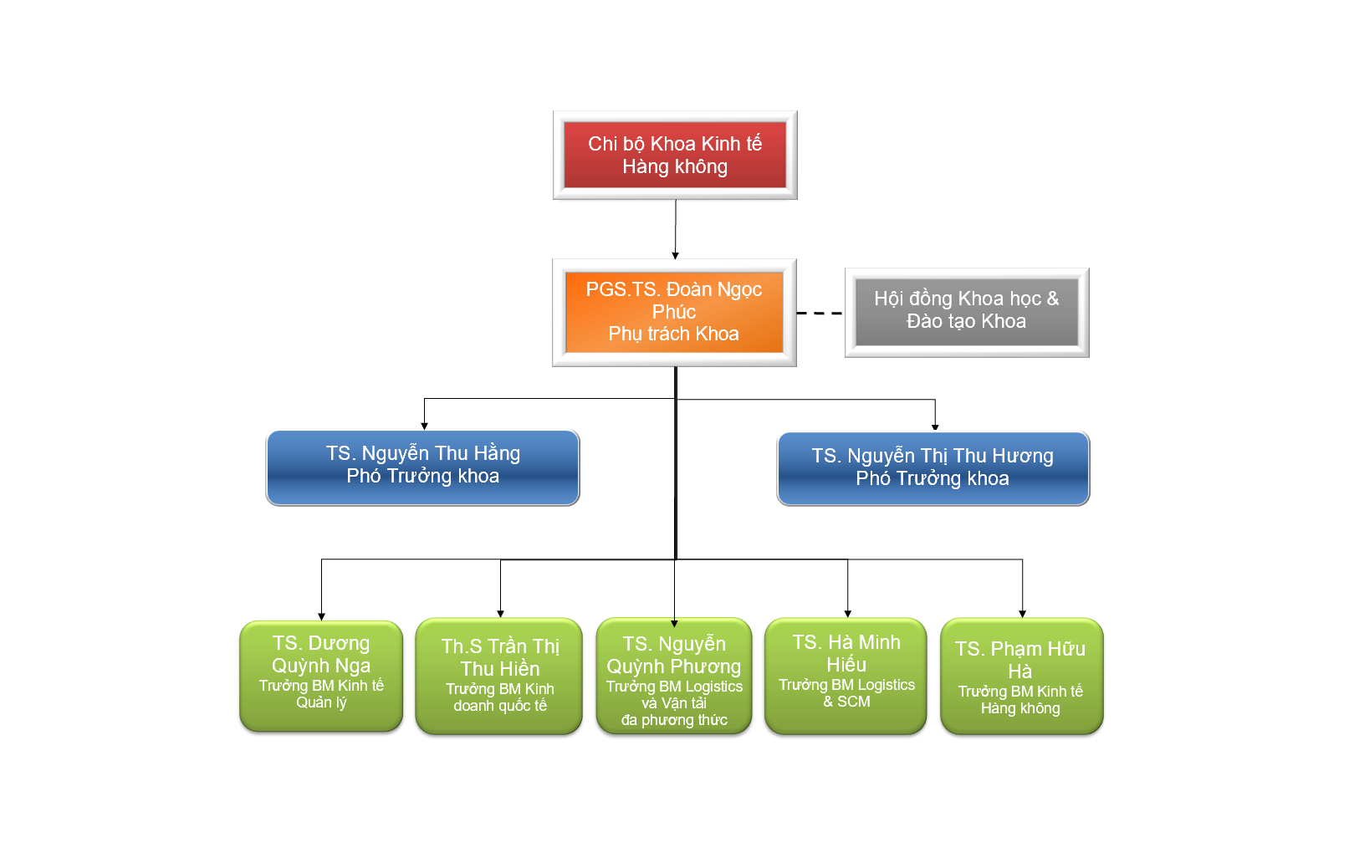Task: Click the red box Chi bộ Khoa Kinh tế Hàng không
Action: pos(675,155)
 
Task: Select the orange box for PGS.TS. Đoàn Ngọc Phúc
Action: pos(674,313)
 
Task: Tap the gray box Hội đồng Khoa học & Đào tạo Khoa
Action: pos(967,313)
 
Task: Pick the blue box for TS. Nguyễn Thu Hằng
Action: pos(422,467)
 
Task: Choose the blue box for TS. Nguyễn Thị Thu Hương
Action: pos(932,468)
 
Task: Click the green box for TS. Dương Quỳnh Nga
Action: pos(321,676)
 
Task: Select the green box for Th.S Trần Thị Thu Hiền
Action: pos(499,676)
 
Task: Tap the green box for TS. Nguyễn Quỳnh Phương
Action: pos(674,676)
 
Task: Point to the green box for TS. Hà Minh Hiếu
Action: pos(846,676)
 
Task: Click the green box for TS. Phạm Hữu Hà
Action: pos(1021,676)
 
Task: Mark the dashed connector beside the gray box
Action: pos(820,313)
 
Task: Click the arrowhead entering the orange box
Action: pos(675,256)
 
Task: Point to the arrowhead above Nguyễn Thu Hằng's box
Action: pos(424,426)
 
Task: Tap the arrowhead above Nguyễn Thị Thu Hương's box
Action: pos(935,427)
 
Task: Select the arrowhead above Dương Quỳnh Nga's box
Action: pos(322,616)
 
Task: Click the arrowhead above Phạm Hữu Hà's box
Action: pos(1022,614)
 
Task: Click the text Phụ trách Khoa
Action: pos(673,334)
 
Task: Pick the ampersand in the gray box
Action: pos(1052,299)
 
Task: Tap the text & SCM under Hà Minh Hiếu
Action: pos(846,702)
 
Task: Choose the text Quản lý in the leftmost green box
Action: pos(321,702)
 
